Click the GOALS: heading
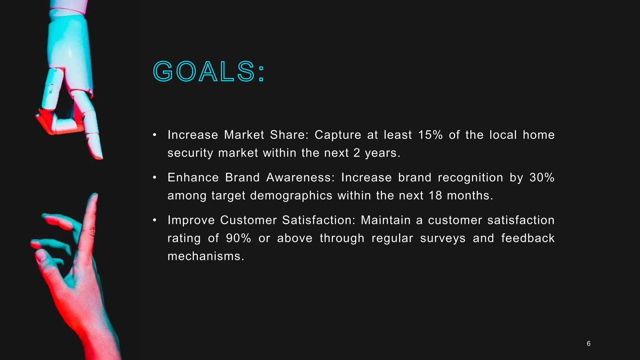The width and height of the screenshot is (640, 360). point(209,72)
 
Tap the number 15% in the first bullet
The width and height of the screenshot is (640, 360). point(430,135)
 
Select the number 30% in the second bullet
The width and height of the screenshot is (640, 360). point(542,177)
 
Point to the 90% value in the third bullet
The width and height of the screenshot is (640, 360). point(238,238)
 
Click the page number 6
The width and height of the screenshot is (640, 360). point(588,344)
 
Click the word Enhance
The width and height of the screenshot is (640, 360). point(193,177)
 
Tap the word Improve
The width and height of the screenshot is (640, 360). point(191,220)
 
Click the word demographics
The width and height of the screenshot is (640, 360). point(291,196)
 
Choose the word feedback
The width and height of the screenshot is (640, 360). point(528,238)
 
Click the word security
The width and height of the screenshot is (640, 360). point(190,153)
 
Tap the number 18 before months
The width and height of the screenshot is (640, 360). point(435,196)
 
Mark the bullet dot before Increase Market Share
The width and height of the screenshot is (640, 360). point(154,135)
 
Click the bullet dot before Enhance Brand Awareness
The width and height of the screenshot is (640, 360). point(154,177)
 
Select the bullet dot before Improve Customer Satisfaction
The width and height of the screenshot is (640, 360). point(154,220)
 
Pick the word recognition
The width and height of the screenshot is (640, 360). point(470,177)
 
